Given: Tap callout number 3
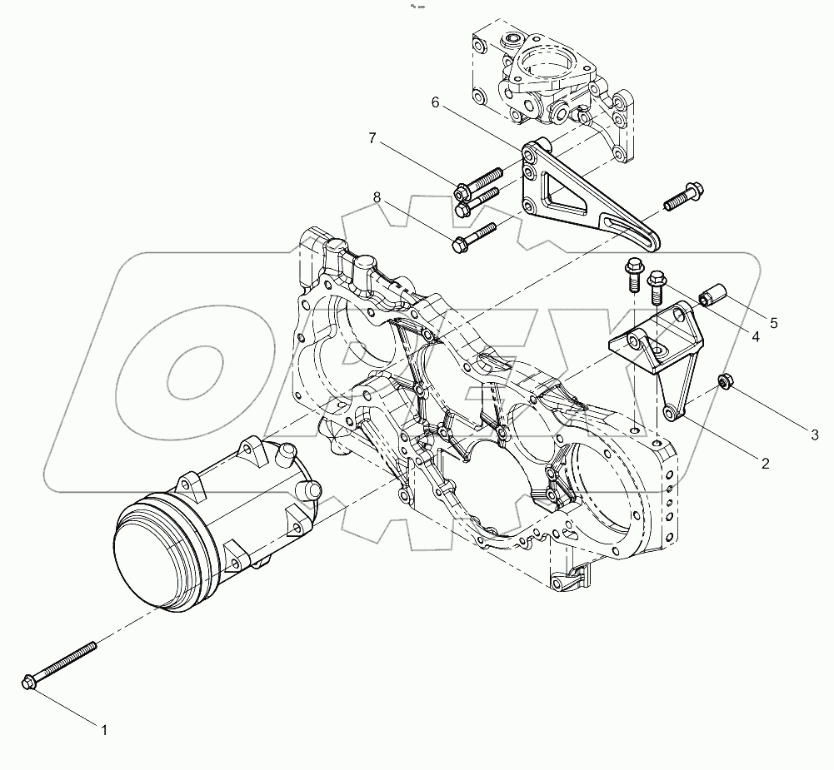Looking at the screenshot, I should [x=816, y=434].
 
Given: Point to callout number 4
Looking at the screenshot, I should [x=756, y=338].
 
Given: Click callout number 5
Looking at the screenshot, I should [x=774, y=321].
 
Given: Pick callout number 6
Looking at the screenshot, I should [x=434, y=102].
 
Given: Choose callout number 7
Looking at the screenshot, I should [x=372, y=137].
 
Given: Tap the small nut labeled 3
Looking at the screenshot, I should [x=726, y=382].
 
